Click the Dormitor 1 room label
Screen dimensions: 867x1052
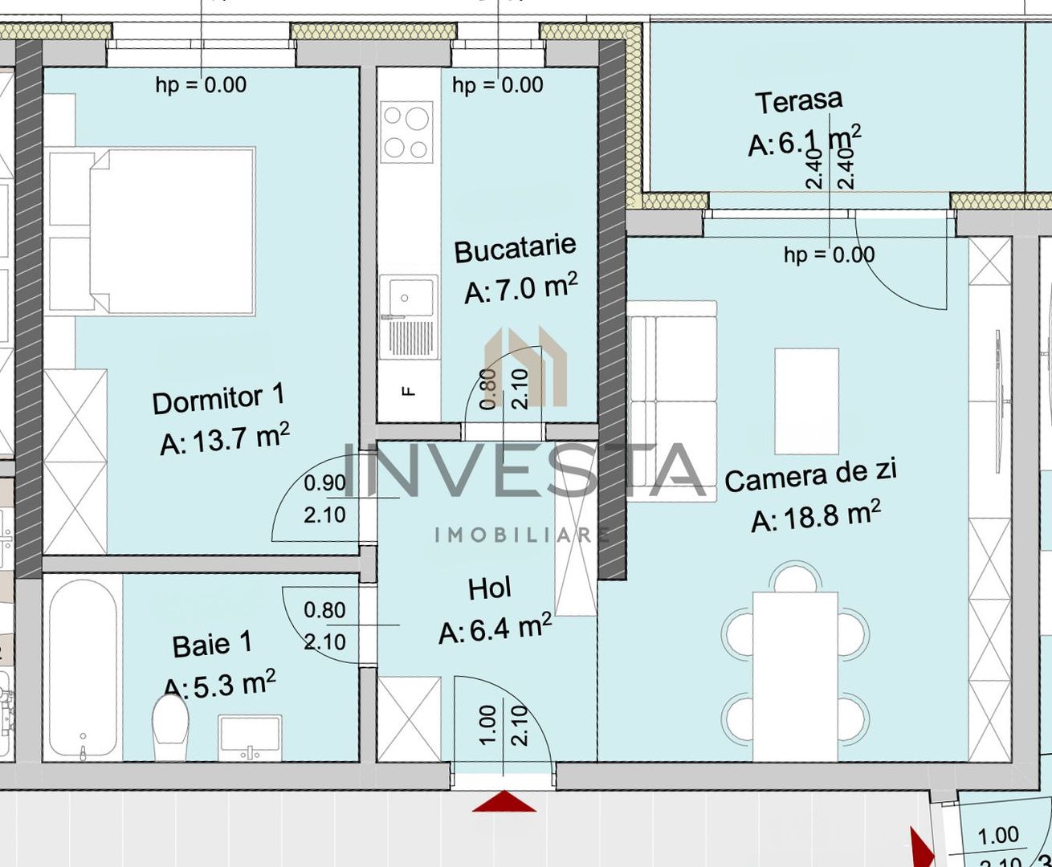tap(218, 399)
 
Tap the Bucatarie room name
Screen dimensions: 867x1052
tap(515, 248)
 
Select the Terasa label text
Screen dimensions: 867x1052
tap(798, 102)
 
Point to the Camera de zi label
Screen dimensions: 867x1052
tap(810, 476)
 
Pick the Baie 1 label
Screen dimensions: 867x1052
tap(212, 644)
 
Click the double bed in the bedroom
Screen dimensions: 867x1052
tap(153, 230)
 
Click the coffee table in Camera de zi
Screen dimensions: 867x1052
tap(806, 401)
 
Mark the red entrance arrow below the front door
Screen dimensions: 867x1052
tap(504, 802)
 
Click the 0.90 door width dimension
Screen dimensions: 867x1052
tap(324, 483)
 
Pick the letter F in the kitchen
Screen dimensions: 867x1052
tap(409, 391)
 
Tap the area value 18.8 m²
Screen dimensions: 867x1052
tap(816, 516)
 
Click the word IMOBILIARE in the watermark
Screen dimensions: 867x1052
tap(522, 535)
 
